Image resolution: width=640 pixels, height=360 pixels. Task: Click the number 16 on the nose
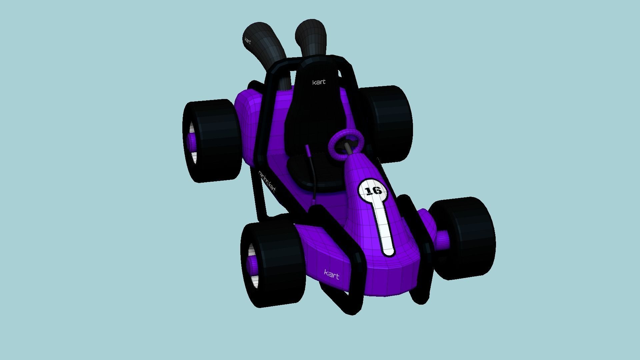point(373,191)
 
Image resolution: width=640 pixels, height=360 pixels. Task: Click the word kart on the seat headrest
point(319,82)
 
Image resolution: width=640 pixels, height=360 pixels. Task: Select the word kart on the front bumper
point(332,275)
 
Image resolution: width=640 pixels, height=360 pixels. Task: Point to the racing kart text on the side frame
point(267,182)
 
